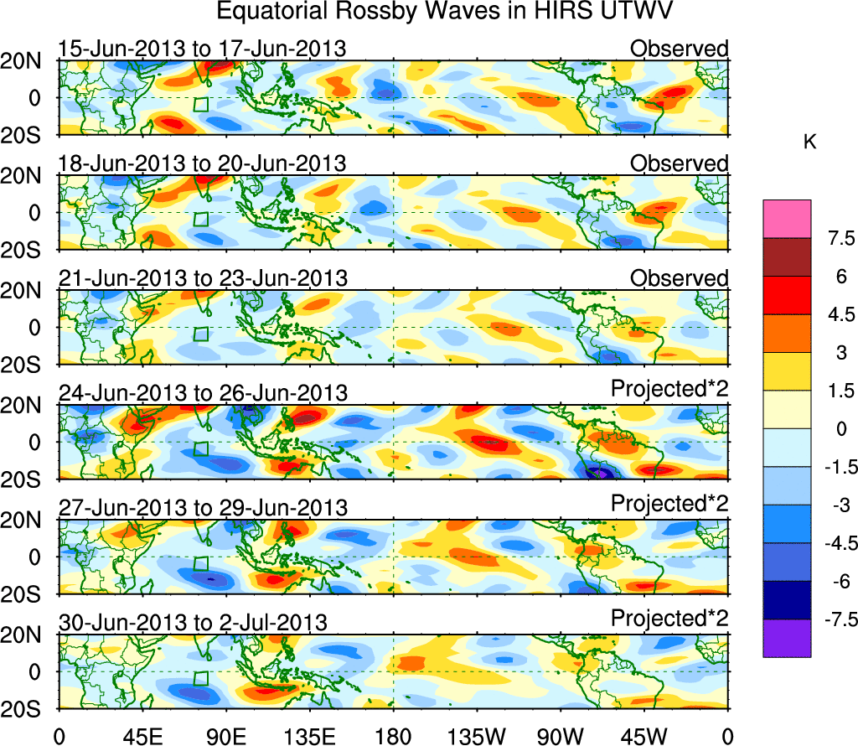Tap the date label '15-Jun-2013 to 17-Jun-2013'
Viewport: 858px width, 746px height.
point(202,49)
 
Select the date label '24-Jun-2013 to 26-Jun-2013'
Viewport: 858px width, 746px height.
point(202,393)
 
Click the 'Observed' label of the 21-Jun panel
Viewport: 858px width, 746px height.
point(679,278)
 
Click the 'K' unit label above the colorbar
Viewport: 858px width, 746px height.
point(809,143)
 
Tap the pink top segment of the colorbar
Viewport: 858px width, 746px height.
point(787,219)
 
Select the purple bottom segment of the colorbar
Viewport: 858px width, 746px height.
point(787,638)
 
